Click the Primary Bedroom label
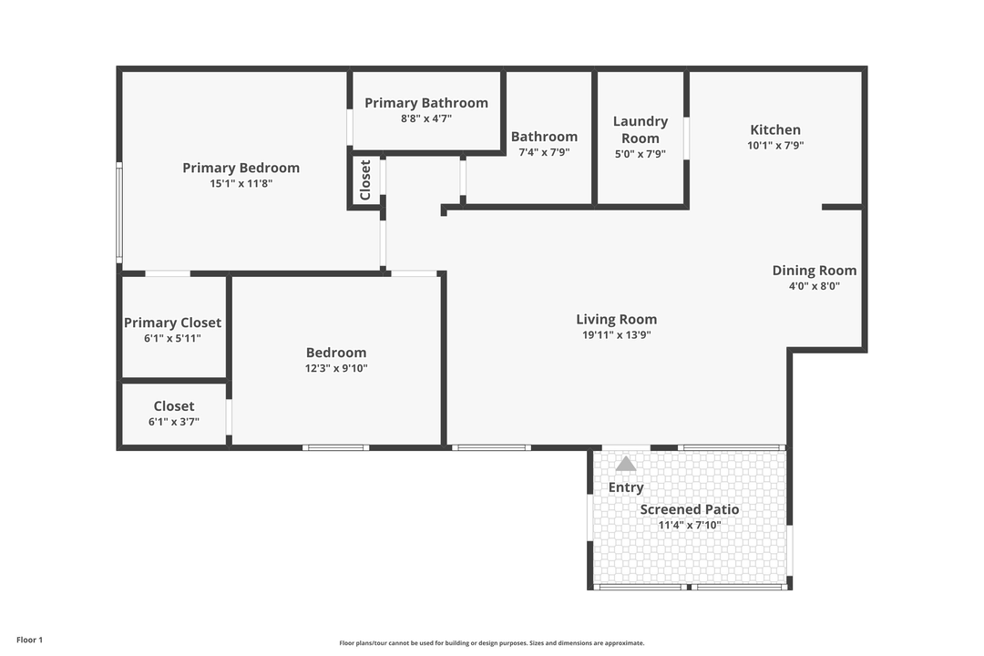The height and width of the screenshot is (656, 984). [241, 168]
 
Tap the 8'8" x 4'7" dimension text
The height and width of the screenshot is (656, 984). [426, 118]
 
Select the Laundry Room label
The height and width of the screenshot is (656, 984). [640, 129]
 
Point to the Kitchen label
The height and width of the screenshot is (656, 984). [775, 129]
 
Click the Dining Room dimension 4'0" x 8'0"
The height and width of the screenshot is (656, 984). [814, 285]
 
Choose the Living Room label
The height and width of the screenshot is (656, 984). [616, 319]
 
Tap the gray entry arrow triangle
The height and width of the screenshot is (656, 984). [626, 464]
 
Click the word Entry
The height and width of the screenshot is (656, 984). [626, 487]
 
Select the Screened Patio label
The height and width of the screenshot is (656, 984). [689, 509]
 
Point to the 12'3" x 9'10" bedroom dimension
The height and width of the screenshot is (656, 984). [336, 368]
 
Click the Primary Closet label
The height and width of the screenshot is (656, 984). [172, 323]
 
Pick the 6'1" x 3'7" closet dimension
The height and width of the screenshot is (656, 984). [173, 422]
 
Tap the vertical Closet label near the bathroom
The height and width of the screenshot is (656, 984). [365, 180]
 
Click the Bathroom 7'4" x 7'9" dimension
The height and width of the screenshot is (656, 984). [544, 152]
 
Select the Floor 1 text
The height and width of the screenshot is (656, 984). [29, 640]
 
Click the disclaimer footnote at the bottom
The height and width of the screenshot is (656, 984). [492, 643]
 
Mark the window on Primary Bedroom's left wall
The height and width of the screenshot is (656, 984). [118, 213]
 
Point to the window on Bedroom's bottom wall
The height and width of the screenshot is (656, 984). [336, 447]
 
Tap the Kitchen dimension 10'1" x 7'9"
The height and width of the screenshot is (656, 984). [775, 145]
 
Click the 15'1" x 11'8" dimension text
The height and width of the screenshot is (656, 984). [241, 183]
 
